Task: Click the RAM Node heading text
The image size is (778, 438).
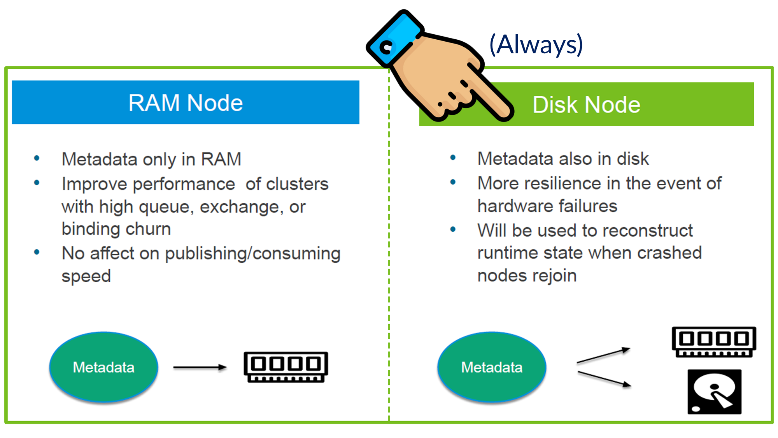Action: tap(186, 103)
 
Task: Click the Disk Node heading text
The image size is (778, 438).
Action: tap(586, 105)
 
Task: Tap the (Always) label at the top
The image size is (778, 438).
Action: tap(536, 44)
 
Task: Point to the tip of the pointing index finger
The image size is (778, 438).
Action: tap(506, 113)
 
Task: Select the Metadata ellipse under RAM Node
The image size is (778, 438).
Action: tap(103, 367)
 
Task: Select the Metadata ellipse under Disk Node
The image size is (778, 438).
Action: tap(492, 367)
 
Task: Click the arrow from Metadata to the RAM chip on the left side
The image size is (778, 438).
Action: tap(200, 367)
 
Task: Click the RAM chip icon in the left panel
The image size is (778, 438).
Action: tap(286, 367)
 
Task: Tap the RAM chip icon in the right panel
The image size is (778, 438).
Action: tap(714, 342)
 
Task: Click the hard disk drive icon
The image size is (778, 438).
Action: tap(714, 392)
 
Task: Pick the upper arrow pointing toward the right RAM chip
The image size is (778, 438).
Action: tap(603, 355)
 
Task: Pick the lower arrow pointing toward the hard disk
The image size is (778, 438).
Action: tap(604, 379)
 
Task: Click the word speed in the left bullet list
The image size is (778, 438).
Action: tap(86, 276)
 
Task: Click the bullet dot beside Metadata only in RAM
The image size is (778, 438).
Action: tap(37, 158)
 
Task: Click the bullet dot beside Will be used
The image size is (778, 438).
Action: tap(453, 229)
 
